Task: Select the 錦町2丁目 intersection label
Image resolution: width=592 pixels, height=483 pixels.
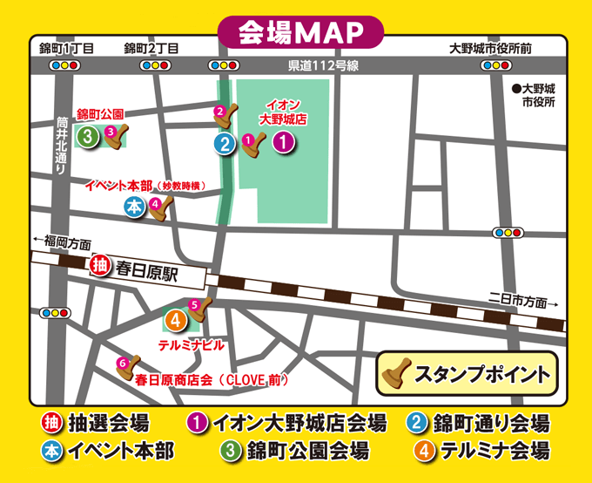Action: point(152,49)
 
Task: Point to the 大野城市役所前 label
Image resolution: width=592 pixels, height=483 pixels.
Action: point(490,49)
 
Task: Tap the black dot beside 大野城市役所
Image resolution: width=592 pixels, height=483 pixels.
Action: point(516,88)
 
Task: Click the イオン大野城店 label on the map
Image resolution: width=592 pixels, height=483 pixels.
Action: point(283,111)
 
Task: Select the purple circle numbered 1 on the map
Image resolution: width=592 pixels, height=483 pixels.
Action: point(282,143)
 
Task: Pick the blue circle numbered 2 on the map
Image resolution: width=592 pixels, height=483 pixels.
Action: point(225,145)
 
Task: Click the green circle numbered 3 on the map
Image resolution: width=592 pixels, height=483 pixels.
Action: point(88,136)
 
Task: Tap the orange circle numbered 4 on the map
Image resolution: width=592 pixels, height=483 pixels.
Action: point(175,320)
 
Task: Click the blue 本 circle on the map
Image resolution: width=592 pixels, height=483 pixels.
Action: point(134,207)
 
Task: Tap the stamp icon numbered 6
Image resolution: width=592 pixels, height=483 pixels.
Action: point(127,367)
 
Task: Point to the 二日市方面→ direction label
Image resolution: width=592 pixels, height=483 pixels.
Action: point(522,300)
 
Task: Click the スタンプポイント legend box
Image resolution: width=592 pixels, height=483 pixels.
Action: point(468,374)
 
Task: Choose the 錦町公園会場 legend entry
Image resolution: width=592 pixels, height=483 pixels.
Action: point(295,451)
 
